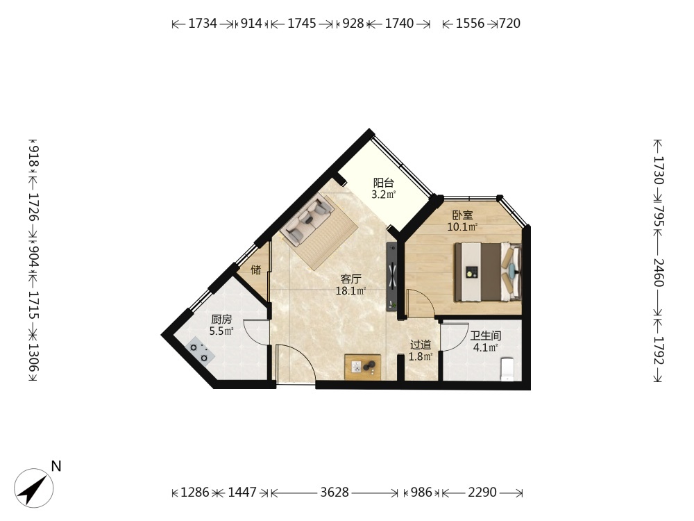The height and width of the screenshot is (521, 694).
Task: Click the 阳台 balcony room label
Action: [383, 183]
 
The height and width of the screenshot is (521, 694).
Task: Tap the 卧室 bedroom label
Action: [462, 215]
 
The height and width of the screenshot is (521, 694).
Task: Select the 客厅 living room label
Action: [350, 279]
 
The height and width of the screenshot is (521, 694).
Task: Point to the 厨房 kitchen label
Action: [221, 319]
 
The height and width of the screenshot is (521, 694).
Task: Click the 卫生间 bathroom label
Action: [486, 336]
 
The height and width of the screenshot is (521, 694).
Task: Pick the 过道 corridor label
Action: [421, 345]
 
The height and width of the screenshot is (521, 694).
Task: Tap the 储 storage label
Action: [256, 270]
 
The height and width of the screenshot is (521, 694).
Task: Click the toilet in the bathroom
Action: [507, 369]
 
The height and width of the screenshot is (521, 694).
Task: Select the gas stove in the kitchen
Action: [201, 350]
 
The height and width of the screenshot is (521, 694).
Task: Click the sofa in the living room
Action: [309, 220]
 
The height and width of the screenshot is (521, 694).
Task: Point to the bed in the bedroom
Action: [488, 272]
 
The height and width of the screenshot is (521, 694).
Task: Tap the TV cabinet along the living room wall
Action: [392, 276]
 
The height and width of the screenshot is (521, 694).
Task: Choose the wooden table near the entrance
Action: [363, 367]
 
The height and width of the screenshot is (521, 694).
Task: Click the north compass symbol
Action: [33, 488]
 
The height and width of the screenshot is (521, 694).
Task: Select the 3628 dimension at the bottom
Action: [335, 493]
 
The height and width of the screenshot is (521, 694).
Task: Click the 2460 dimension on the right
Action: [658, 272]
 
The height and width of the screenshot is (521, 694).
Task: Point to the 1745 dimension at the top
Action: [302, 24]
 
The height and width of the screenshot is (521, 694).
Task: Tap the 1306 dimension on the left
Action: [34, 358]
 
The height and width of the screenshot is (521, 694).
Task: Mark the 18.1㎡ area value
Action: [350, 291]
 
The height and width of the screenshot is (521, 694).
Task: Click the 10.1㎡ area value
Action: [462, 227]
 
